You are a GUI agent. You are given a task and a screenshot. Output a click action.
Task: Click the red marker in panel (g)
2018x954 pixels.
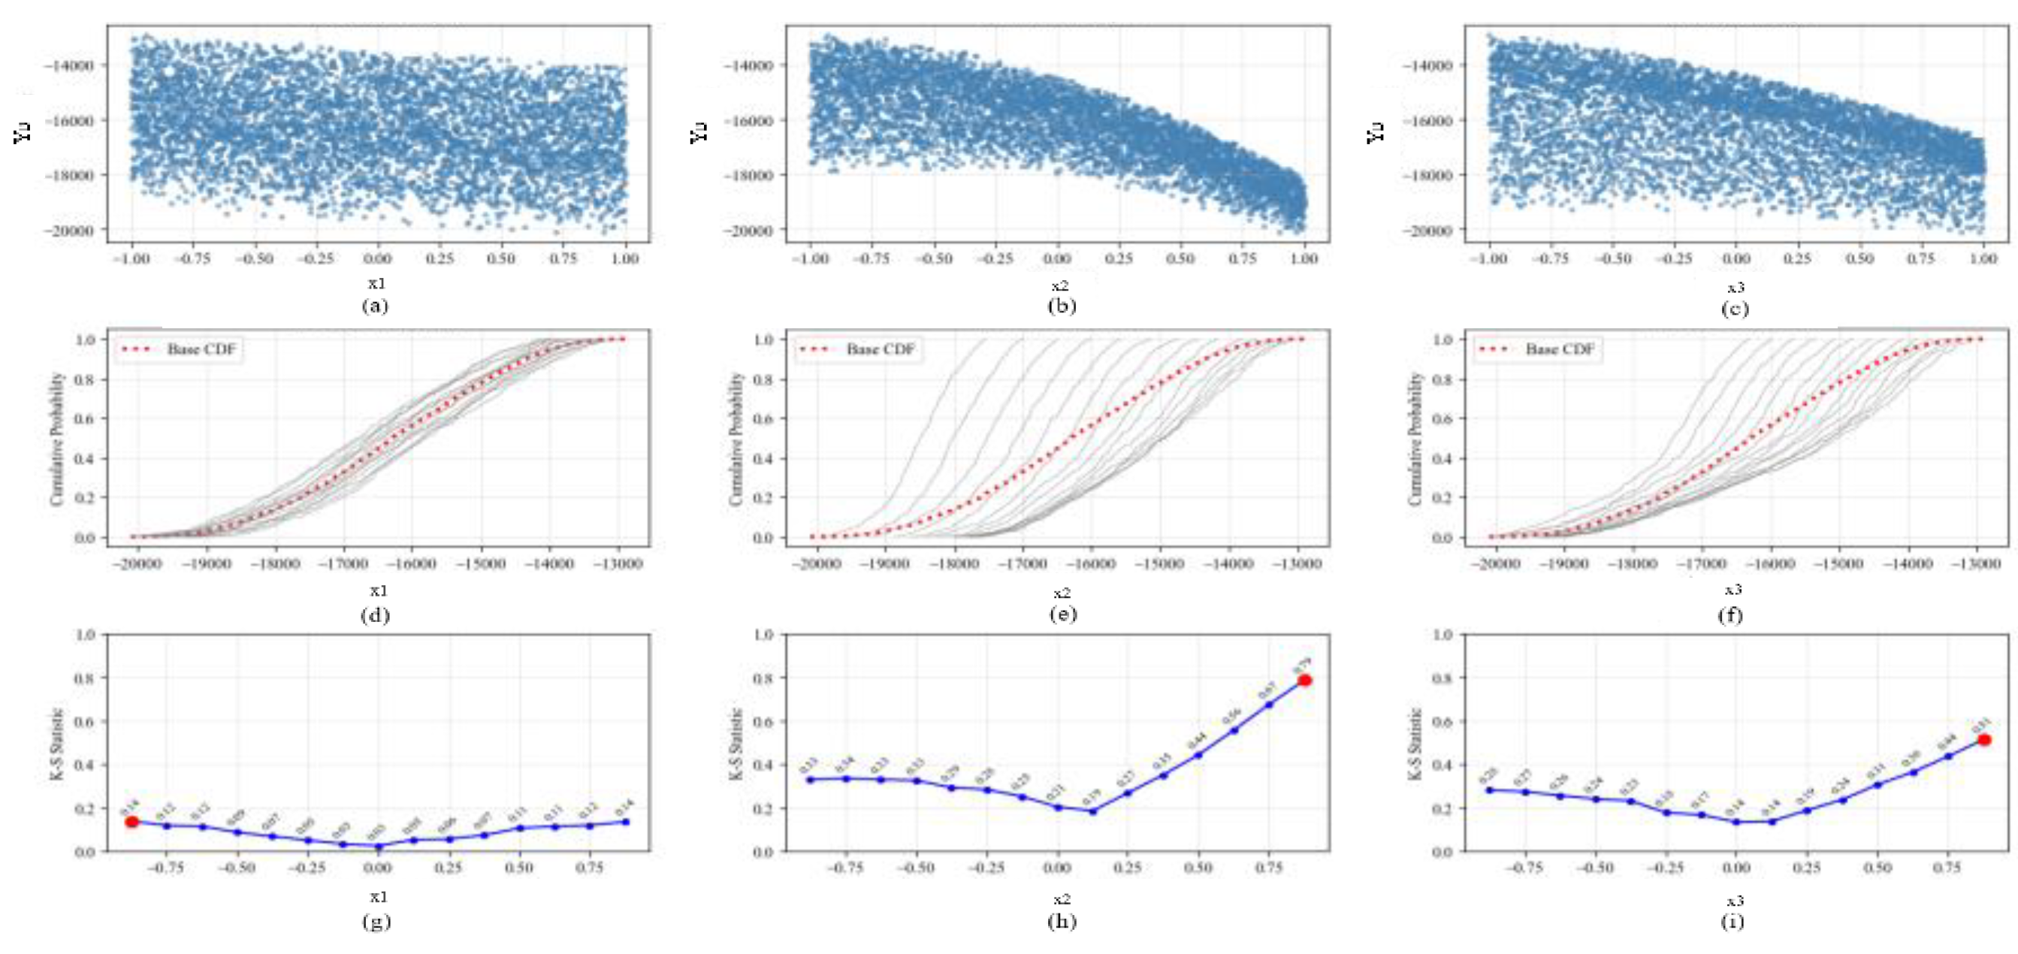click(131, 822)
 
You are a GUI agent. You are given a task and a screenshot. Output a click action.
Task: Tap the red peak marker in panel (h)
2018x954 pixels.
click(1304, 680)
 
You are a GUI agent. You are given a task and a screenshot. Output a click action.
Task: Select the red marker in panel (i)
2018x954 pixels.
click(1983, 739)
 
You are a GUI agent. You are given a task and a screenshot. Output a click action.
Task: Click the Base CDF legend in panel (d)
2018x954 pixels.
click(178, 349)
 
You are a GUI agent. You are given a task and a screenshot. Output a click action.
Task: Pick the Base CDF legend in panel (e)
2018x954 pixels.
click(857, 349)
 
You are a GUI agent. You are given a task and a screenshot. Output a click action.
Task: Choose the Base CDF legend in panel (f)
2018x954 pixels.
click(1536, 349)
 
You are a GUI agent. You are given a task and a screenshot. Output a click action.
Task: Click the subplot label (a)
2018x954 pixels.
click(375, 306)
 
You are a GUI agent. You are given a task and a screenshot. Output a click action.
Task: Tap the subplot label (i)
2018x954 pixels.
click(1733, 921)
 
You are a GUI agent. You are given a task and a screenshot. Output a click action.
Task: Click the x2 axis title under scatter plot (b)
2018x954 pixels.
click(1059, 285)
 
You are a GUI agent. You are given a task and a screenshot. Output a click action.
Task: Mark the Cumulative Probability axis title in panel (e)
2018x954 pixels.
click(736, 439)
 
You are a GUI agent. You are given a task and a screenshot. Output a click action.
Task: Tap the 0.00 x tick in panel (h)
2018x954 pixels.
click(1058, 868)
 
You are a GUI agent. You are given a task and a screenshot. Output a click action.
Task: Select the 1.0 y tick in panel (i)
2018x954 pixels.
click(1443, 635)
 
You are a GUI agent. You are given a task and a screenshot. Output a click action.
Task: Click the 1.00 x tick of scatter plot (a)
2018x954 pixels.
click(624, 258)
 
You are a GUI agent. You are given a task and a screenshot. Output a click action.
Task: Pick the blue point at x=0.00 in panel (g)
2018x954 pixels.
click(379, 846)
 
